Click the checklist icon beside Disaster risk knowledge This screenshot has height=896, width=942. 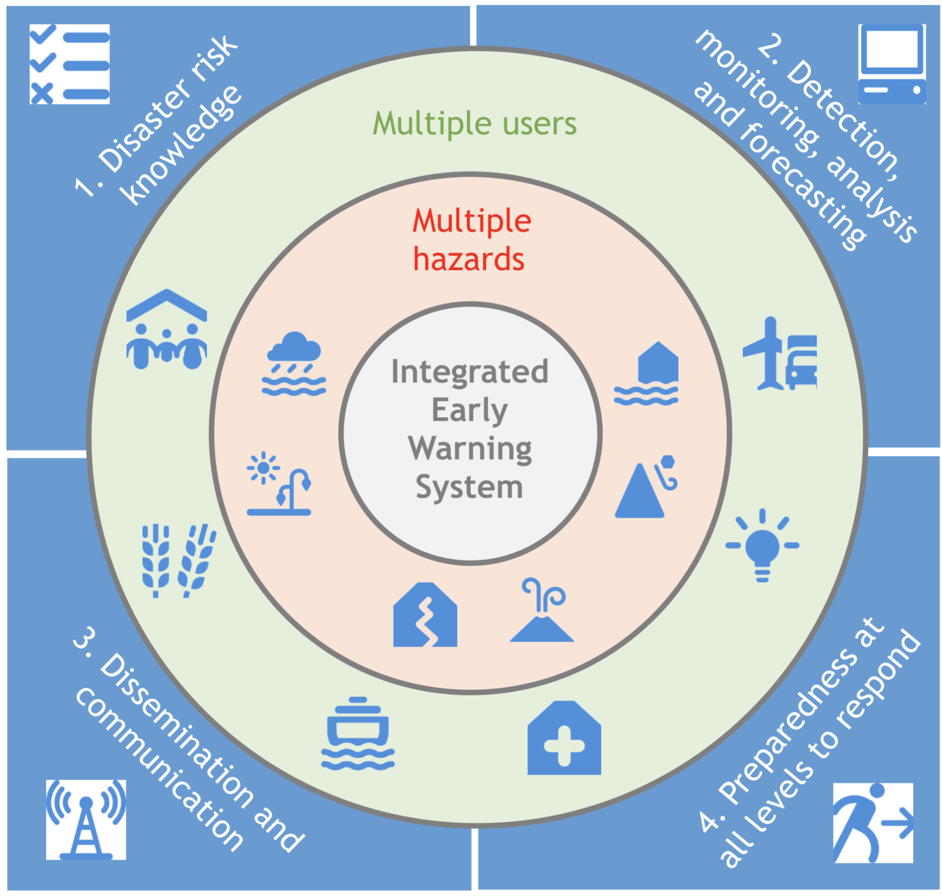(x=69, y=64)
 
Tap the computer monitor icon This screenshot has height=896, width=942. (x=891, y=64)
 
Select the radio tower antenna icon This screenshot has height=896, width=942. (x=86, y=819)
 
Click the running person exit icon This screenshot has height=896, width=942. (x=872, y=822)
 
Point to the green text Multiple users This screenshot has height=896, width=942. (x=474, y=123)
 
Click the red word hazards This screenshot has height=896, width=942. (x=469, y=259)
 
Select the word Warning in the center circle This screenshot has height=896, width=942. (x=470, y=449)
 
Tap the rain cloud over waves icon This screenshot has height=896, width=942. (x=293, y=364)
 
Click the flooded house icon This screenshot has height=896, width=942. (x=646, y=374)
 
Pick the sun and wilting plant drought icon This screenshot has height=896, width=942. (x=279, y=484)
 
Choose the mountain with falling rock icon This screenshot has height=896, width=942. (x=646, y=487)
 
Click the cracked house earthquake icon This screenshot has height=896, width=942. (x=425, y=615)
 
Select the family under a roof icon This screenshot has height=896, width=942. (x=166, y=329)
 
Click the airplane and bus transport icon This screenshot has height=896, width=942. (x=779, y=354)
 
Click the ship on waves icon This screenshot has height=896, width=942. (x=358, y=733)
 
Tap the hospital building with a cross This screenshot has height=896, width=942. (x=564, y=738)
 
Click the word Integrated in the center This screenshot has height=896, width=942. (x=470, y=372)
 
